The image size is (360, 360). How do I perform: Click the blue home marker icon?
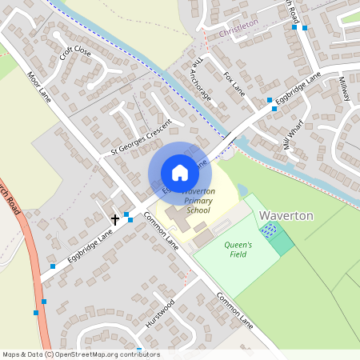click(180, 173)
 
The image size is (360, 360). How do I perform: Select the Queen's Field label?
click(238, 250)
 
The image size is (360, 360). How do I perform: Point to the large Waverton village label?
click(286, 216)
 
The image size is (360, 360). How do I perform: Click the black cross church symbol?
click(115, 218)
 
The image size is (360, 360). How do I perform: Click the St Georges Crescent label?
click(130, 137)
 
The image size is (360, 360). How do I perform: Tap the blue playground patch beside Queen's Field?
click(270, 231)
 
